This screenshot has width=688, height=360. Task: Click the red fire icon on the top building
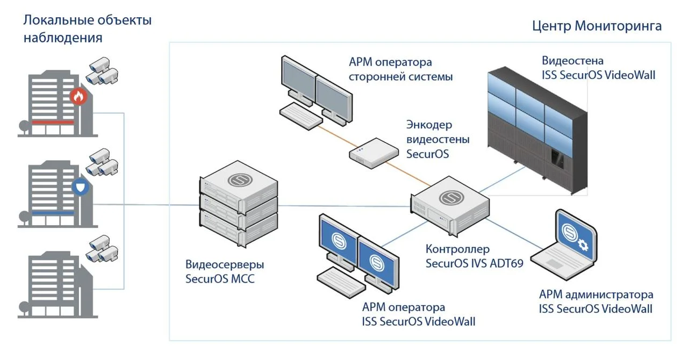coord(78,97)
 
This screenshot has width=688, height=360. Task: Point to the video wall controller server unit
coord(450,207)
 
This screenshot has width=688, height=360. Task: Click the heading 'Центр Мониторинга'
coord(597,26)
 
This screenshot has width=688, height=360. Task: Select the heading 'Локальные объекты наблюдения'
coord(87,29)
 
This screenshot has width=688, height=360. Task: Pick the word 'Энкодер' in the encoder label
coord(429,125)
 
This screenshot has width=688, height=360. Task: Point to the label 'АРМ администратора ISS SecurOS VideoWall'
coord(596,301)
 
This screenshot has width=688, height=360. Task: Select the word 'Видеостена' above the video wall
coord(572,60)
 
